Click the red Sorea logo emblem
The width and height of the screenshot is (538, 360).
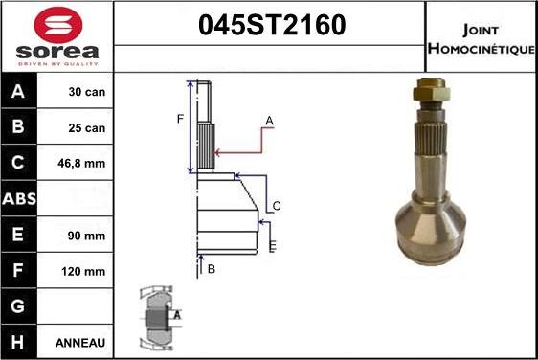click(58, 25)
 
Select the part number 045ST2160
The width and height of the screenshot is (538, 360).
click(272, 25)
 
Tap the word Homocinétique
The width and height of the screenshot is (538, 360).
click(482, 49)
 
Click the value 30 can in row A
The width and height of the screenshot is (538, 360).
click(87, 92)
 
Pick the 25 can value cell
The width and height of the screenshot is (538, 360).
click(87, 127)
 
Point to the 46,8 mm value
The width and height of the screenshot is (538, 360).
click(81, 163)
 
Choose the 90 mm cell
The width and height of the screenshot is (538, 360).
click(86, 236)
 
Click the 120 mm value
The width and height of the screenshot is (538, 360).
click(83, 272)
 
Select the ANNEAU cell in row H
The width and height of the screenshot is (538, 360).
click(80, 343)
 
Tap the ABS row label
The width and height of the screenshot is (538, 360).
click(19, 199)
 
